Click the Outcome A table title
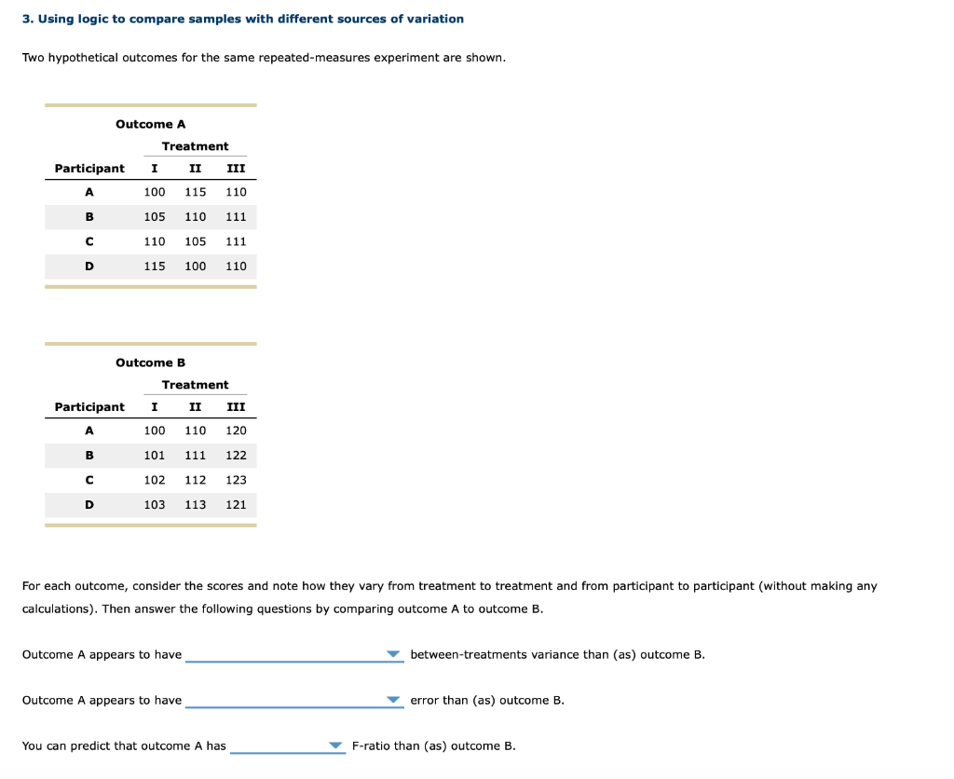tap(150, 124)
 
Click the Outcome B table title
tap(150, 362)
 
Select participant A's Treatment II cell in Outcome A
tap(195, 192)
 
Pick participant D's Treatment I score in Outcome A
tap(155, 266)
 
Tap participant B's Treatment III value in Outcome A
tap(236, 216)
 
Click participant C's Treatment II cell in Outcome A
tap(195, 241)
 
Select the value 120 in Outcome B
tap(236, 430)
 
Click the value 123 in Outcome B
tap(236, 480)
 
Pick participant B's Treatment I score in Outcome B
tap(155, 456)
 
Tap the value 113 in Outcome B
tap(195, 505)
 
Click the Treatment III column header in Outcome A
tap(236, 169)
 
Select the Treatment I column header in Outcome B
tap(154, 407)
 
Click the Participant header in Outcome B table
tap(89, 407)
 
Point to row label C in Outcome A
tap(89, 241)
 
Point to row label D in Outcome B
tap(89, 505)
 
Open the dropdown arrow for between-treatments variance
tap(394, 654)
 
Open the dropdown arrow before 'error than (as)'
tap(394, 700)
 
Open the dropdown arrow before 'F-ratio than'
tap(335, 745)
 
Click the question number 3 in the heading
tap(26, 19)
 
